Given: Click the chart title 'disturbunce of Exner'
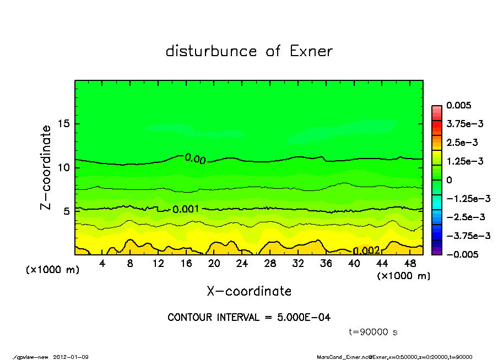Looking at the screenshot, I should [x=249, y=51].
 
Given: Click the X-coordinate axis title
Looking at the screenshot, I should [x=249, y=291].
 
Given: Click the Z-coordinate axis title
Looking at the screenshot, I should [x=46, y=167].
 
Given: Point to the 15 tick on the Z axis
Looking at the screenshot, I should [x=64, y=124].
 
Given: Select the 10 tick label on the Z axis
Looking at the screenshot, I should [x=64, y=167].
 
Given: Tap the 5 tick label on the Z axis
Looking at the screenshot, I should [x=66, y=211].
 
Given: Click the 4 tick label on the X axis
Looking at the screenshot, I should [x=102, y=263].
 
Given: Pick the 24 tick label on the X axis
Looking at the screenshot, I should [x=242, y=263].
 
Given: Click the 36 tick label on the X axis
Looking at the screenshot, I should [x=326, y=263].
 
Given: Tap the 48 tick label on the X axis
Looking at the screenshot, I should [x=410, y=263].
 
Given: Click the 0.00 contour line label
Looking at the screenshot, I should [x=195, y=159].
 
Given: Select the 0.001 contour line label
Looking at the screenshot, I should [x=186, y=210].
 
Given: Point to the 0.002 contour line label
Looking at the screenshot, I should [x=366, y=251].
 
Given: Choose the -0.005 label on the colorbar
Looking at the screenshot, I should [x=461, y=254].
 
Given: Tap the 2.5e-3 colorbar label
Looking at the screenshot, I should [x=462, y=143].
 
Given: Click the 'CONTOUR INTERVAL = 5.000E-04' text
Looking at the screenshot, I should [x=249, y=317].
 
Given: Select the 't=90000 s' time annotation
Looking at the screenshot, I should [x=373, y=332].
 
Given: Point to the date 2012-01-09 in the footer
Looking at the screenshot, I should [x=71, y=357].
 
